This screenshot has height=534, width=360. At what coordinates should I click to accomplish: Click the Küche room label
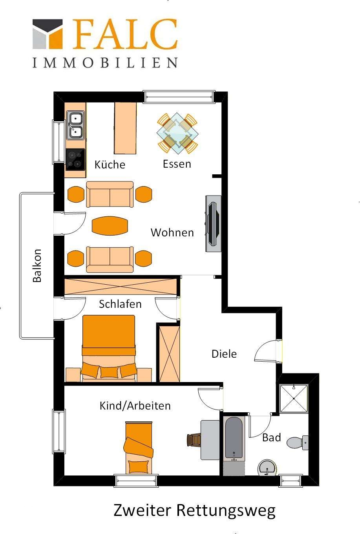tap(110, 164)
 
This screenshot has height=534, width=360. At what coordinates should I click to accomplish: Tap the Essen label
tap(177, 164)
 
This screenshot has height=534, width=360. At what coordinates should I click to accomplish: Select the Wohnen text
tap(172, 232)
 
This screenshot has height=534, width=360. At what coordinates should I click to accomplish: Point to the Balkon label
tap(37, 265)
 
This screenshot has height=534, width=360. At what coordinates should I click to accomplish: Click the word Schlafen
tap(120, 304)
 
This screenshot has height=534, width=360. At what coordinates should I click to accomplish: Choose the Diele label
tap(224, 354)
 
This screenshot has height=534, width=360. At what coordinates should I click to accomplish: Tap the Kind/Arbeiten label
tap(135, 406)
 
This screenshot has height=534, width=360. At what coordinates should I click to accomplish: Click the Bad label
tap(272, 437)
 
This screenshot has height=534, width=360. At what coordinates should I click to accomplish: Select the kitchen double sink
tap(75, 125)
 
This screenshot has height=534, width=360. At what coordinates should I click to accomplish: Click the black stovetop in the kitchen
tap(75, 159)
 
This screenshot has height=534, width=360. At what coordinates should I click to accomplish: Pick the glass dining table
tap(177, 133)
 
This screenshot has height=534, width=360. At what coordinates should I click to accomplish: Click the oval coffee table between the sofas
tap(110, 225)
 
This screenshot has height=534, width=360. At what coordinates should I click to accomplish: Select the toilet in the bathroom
tap(297, 443)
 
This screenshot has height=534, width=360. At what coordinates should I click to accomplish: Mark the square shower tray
tap(294, 399)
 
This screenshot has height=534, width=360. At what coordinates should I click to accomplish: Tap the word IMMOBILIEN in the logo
tap(105, 62)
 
